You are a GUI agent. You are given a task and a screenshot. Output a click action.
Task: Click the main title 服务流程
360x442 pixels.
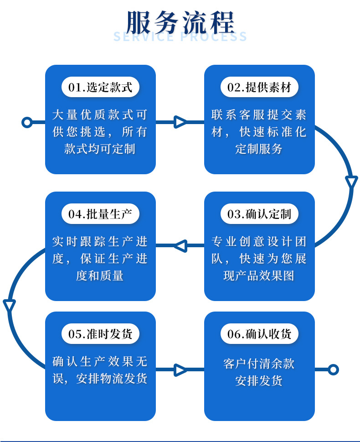(180, 21)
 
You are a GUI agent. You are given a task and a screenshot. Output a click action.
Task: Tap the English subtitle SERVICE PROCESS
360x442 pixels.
(180, 37)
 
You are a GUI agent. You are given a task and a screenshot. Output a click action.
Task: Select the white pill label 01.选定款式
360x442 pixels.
(100, 87)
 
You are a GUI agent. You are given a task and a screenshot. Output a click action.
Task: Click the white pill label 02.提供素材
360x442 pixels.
(259, 87)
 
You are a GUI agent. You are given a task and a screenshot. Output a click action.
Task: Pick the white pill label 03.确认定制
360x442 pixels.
(259, 213)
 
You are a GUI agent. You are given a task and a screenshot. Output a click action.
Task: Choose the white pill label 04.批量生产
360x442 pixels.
(100, 213)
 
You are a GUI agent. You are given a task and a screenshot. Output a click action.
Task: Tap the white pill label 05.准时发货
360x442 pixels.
(100, 333)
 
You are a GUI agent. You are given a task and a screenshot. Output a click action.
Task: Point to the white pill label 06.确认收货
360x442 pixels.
(259, 333)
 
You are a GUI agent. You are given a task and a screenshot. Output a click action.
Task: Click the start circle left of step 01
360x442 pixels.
(27, 122)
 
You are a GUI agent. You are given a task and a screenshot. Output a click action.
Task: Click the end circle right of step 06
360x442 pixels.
(333, 369)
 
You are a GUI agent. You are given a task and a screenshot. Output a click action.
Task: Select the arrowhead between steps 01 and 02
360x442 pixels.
(180, 122)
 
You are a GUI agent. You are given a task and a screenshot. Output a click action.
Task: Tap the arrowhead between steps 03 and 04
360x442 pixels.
(180, 246)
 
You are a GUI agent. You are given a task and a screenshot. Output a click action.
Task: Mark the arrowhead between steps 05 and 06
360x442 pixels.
(180, 369)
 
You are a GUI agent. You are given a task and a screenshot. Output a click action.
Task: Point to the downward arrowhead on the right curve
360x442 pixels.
(351, 182)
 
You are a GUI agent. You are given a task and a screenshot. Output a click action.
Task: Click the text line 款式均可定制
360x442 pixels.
(100, 149)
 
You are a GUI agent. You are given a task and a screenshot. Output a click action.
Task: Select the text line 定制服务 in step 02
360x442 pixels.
(259, 149)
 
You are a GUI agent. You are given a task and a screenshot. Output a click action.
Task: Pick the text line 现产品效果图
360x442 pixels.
(259, 276)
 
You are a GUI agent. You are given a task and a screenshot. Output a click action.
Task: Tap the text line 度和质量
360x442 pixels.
(100, 276)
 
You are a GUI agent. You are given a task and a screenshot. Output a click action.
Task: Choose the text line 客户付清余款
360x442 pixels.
(259, 364)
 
